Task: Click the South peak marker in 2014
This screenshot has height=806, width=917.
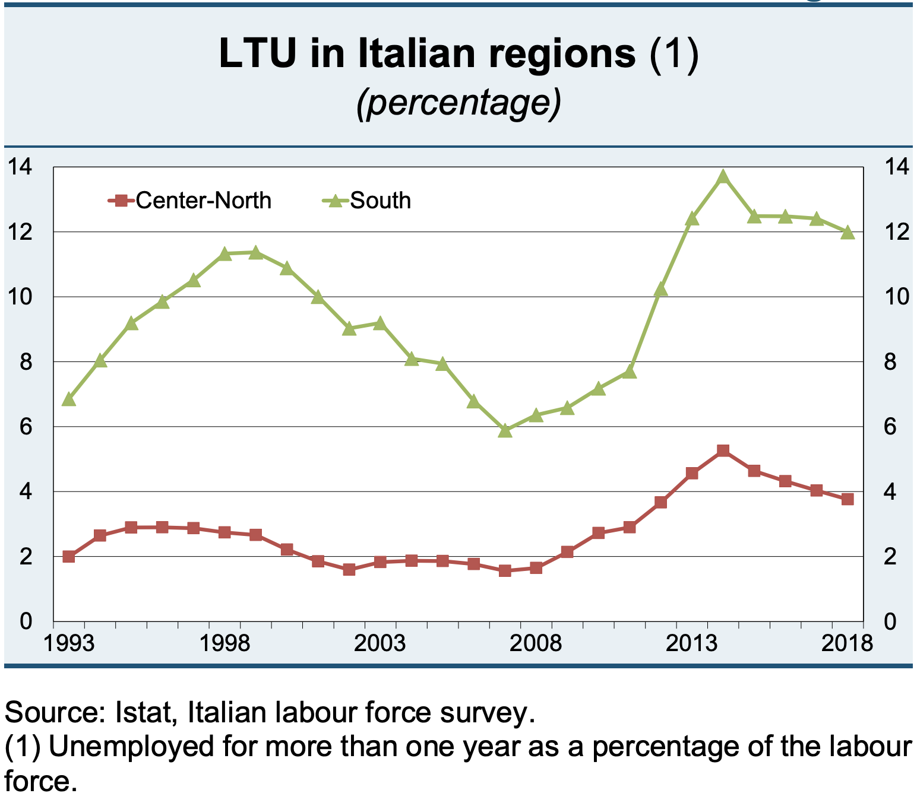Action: (x=723, y=177)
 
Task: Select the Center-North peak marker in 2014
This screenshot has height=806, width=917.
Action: (x=723, y=451)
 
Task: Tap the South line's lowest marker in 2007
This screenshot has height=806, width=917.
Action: (x=505, y=431)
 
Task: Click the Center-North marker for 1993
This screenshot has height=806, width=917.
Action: (x=69, y=556)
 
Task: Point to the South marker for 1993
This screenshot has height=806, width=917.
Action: (x=69, y=399)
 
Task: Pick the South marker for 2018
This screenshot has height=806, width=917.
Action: (x=848, y=233)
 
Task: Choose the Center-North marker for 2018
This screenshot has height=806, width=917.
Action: (x=848, y=499)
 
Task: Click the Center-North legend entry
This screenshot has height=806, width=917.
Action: (x=190, y=201)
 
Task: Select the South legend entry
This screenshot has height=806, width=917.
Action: (x=367, y=201)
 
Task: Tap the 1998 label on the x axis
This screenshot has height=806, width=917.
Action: (x=224, y=643)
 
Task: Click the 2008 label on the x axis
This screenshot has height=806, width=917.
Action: (x=536, y=643)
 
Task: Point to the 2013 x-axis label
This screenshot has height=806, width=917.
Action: (x=692, y=643)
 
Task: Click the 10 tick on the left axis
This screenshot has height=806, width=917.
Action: (x=19, y=296)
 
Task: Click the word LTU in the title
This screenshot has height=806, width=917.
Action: (x=257, y=53)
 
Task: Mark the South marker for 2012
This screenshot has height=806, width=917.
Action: (x=660, y=290)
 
